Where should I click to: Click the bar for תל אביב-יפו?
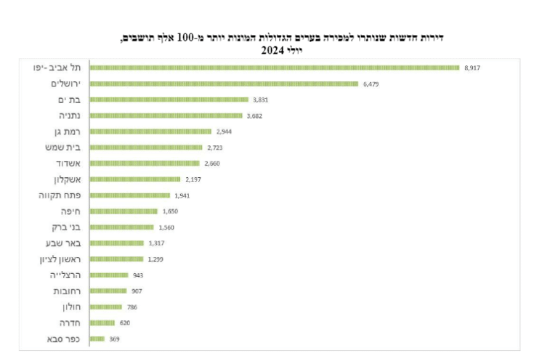(275, 68)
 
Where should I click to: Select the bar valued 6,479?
(224, 84)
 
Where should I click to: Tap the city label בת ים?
(68, 100)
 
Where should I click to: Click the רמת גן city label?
(67, 131)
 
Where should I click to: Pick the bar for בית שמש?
(145, 147)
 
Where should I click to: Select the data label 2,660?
(211, 163)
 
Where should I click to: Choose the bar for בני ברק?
(121, 227)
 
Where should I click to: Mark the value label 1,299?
(155, 259)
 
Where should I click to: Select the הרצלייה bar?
(108, 275)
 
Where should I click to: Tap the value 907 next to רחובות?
(137, 291)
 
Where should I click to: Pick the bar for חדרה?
(102, 323)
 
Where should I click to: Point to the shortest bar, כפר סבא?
(97, 339)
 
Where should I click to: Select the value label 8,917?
(472, 68)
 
